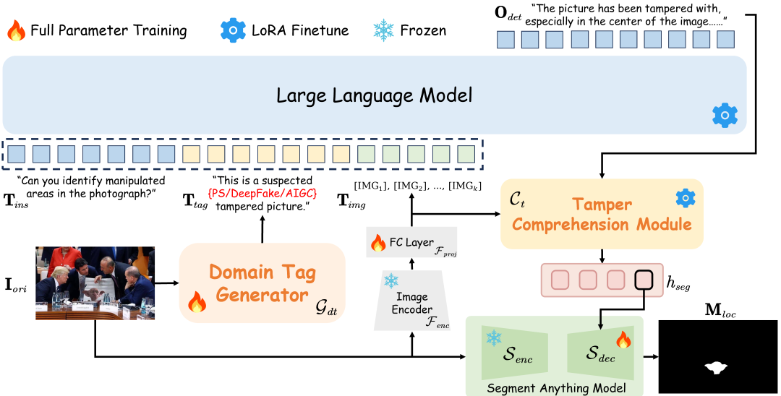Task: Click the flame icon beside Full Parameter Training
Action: point(16,31)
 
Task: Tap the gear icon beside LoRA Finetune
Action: point(233,31)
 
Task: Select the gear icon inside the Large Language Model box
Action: point(725,116)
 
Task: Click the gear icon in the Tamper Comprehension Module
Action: point(686,198)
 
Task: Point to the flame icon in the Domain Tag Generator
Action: point(197,301)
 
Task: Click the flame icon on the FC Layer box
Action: point(378,243)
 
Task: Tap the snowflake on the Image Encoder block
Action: point(391,280)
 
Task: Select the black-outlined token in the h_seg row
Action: point(643,280)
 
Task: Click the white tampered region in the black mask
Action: point(717,367)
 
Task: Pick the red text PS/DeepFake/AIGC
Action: point(263,193)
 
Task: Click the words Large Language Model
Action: point(374,95)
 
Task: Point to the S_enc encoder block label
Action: point(517,356)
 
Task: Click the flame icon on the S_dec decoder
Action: point(623,340)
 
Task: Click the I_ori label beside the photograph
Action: point(15,286)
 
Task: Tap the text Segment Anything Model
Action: point(556,388)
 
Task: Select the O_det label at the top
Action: point(508,14)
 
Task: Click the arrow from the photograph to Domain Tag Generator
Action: point(166,283)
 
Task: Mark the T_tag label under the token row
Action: point(195,202)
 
